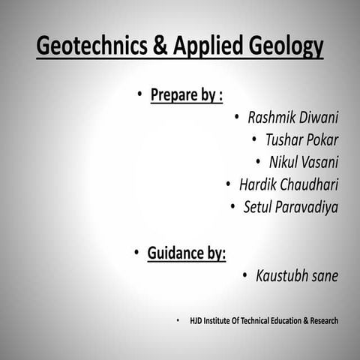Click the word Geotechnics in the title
click(92, 46)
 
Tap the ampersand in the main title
click(160, 46)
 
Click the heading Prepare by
click(186, 95)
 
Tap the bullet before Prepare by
click(139, 94)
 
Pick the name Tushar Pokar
click(301, 140)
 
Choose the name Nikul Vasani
click(304, 162)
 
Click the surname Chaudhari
click(310, 184)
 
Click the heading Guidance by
click(187, 253)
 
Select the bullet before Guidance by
click(136, 253)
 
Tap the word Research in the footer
click(319, 321)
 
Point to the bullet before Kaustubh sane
click(245, 276)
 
